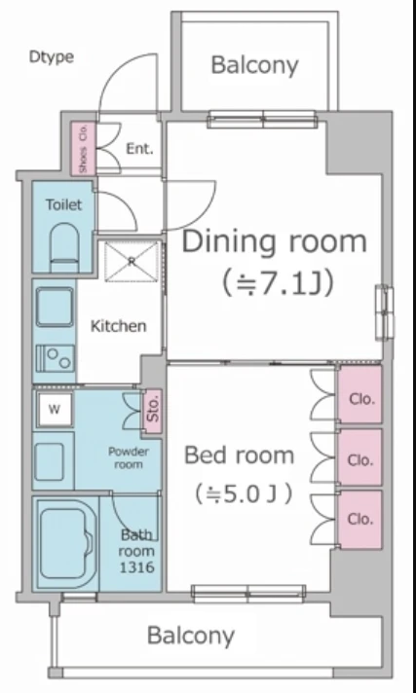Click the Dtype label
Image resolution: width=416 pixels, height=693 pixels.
(x=52, y=57)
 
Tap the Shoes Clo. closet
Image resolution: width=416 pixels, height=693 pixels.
(x=83, y=148)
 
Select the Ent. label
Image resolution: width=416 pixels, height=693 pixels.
(x=139, y=149)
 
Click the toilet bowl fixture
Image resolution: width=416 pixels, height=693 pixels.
(x=64, y=247)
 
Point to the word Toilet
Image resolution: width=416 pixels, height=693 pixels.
(x=64, y=204)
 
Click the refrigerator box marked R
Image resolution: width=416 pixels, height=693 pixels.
(x=132, y=261)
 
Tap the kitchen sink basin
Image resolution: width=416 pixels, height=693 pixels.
(x=55, y=307)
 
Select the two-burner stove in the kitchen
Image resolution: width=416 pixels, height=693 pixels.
(x=56, y=358)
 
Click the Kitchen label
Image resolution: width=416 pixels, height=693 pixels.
(x=118, y=326)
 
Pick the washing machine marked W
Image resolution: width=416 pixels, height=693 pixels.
(x=54, y=409)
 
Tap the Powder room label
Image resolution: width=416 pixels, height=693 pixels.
(x=129, y=457)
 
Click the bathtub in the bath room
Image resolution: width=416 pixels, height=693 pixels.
(x=65, y=544)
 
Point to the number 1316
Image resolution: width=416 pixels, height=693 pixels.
(x=137, y=567)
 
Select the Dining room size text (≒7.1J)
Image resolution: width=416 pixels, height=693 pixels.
(x=278, y=282)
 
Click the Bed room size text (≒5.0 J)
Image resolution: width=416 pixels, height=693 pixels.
(x=244, y=493)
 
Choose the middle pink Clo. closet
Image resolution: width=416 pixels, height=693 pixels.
(x=359, y=457)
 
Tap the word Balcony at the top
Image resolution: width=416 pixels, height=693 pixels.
(x=255, y=65)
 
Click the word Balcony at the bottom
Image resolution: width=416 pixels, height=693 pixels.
(x=190, y=636)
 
